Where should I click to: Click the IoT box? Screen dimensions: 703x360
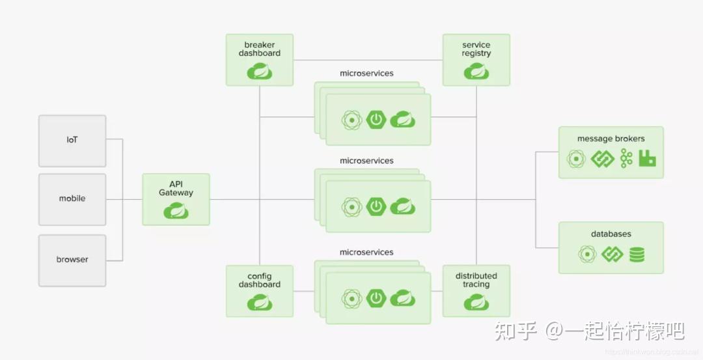pos(72,141)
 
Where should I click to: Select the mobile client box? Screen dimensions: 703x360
pos(72,199)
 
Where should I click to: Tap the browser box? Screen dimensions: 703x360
pos(72,260)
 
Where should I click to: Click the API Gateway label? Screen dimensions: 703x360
pos(176,188)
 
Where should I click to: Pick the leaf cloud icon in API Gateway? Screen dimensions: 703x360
pos(176,210)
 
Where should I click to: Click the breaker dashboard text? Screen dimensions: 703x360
pos(260,49)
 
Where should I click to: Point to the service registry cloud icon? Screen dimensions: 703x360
pos(476,71)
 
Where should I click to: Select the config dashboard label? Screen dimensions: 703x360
pos(260,280)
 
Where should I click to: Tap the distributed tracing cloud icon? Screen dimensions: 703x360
pos(476,302)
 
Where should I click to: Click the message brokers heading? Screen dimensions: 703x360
pos(611,139)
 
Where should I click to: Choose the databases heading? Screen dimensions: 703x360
pos(611,234)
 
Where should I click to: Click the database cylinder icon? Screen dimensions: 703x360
pos(637,254)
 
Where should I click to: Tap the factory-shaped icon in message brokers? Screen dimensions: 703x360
pos(647,159)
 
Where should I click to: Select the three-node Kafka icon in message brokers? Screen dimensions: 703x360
pos(626,159)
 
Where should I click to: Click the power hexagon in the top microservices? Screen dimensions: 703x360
pos(376,119)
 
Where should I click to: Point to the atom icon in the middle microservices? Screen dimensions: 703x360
pos(352,207)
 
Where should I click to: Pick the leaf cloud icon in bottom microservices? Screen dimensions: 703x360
pos(403,298)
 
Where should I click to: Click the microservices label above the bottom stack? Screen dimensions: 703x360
pos(366,253)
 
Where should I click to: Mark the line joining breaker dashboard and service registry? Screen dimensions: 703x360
pos(368,60)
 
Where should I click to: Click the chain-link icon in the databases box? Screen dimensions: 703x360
pos(612,254)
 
